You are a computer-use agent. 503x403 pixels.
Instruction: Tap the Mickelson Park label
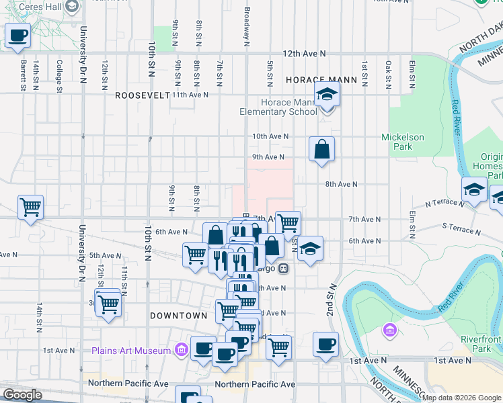pyautogui.click(x=402, y=142)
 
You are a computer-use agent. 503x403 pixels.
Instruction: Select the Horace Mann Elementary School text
pyautogui.click(x=278, y=107)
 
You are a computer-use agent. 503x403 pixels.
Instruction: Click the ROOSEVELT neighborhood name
pyautogui.click(x=142, y=95)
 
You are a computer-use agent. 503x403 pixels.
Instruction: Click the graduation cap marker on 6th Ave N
pyautogui.click(x=309, y=248)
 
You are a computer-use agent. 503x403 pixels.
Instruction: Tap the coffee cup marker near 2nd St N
pyautogui.click(x=325, y=344)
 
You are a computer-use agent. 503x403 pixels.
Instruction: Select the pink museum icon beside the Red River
pyautogui.click(x=389, y=330)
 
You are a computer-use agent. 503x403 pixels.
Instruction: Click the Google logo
pyautogui.click(x=22, y=395)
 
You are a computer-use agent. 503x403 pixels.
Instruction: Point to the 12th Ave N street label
pyautogui.click(x=304, y=53)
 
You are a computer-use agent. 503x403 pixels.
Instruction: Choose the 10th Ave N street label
pyautogui.click(x=270, y=136)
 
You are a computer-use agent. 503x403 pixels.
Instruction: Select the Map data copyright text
pyautogui.click(x=461, y=397)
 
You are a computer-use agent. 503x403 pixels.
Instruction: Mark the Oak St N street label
pyautogui.click(x=388, y=75)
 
